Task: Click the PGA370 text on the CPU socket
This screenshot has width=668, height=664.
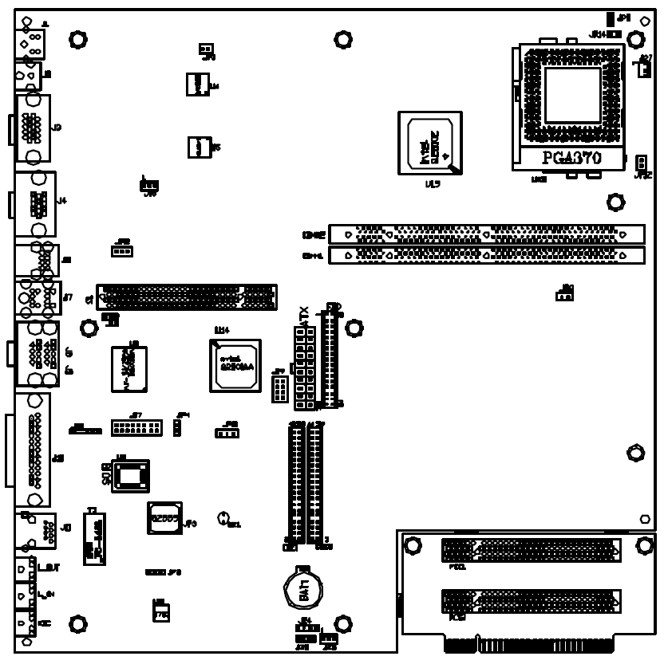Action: pos(571,157)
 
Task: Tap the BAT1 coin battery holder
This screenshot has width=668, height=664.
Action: pos(303,591)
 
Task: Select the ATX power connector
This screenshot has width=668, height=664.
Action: pos(304,367)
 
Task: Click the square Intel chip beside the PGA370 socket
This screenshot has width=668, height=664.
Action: pos(429,143)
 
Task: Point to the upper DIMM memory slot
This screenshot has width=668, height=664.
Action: pos(486,234)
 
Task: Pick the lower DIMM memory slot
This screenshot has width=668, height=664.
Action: pos(486,255)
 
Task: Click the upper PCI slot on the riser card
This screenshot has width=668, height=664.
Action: pos(531,550)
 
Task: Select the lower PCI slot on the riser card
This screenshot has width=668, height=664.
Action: pos(531,601)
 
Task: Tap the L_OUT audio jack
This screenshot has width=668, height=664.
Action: pos(24,568)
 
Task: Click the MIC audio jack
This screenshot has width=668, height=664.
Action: pos(24,623)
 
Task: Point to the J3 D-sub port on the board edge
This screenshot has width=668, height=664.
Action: pos(32,128)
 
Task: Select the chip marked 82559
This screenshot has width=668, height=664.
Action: pos(164,517)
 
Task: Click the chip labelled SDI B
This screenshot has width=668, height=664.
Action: pos(130,476)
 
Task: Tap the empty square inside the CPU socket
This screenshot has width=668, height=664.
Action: pos(571,95)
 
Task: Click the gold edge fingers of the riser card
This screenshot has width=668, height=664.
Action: pos(528,644)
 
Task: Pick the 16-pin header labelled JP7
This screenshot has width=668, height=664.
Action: pos(136,428)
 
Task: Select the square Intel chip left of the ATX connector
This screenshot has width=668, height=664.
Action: pos(235,366)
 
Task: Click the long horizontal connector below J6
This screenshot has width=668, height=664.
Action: pos(187,297)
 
